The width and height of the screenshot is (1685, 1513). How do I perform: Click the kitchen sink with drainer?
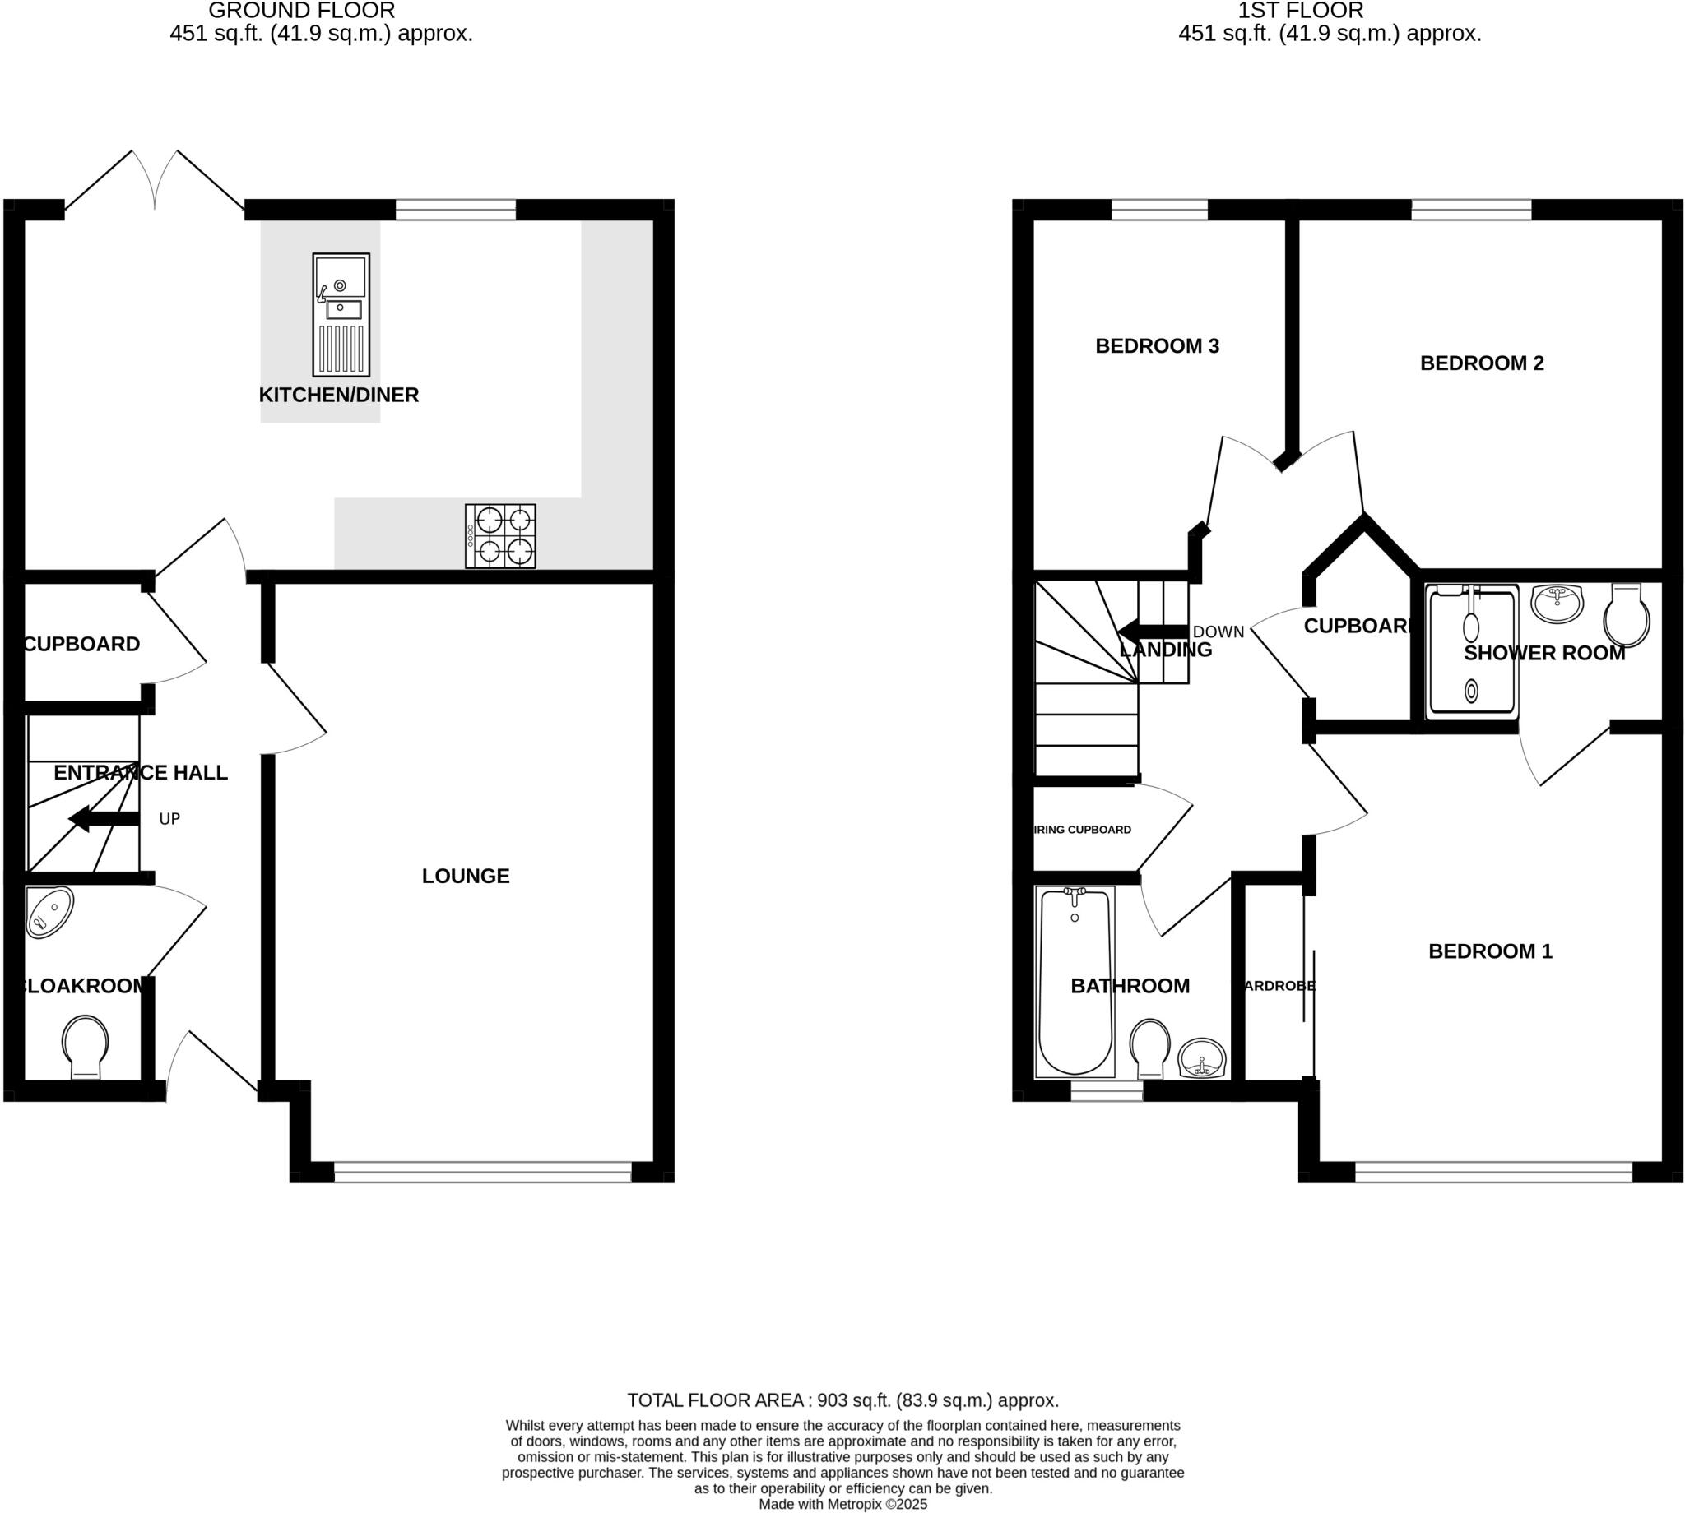pos(341,315)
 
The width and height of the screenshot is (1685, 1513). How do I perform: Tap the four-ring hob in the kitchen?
pos(500,536)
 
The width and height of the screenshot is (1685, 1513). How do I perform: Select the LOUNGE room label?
pos(465,876)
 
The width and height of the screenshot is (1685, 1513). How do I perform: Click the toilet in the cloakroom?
pos(86,1046)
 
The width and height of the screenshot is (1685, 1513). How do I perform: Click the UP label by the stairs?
pos(169,819)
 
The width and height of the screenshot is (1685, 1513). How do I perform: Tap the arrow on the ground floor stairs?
pos(103,819)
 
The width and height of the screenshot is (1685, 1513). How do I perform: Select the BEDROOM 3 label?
pos(1157,346)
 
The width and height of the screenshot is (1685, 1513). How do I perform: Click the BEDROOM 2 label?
pos(1481,363)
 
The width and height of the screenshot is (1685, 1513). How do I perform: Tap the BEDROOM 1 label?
pos(1489,951)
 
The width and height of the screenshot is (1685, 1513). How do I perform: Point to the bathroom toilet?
pos(1150,1048)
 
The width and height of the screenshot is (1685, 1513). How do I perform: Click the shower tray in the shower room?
pos(1471,651)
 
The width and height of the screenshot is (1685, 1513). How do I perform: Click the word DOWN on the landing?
pos(1218,632)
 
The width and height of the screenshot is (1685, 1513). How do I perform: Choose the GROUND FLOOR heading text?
pos(301,11)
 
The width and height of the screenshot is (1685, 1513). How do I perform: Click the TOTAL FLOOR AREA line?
pos(842,1400)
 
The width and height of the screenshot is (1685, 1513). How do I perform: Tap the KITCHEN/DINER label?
pos(338,395)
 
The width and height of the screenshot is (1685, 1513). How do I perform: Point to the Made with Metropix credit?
pos(842,1504)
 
